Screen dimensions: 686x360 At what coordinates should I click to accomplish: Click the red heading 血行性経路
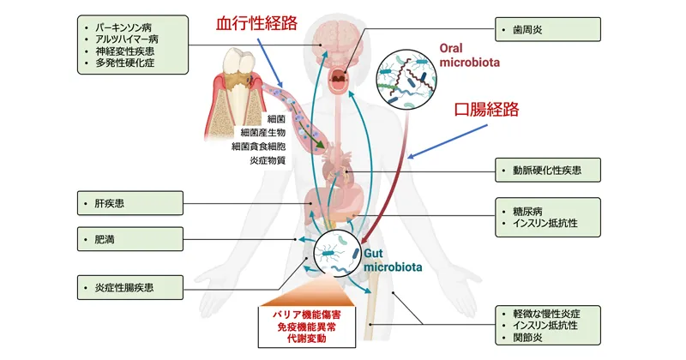point(256,23)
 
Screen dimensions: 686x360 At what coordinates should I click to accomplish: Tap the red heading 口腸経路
point(486,110)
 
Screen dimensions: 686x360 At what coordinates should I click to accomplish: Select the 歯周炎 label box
point(548,29)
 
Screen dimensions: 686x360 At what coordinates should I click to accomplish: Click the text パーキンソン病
point(123,27)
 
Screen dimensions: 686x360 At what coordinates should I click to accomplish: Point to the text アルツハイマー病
point(127,39)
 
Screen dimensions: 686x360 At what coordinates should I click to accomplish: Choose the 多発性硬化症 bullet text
point(125,63)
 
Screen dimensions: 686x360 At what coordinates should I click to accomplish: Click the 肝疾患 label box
point(130,203)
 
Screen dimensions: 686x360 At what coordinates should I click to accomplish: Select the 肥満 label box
point(130,239)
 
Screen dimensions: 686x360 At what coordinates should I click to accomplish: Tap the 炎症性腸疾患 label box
point(130,287)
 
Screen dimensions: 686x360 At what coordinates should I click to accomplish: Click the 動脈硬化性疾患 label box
point(548,171)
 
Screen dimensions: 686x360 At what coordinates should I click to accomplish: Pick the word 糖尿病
point(527,212)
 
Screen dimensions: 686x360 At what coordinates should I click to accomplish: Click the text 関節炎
point(527,338)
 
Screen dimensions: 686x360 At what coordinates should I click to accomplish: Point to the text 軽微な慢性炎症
point(546,314)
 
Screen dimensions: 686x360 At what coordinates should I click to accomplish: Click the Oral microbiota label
point(469,55)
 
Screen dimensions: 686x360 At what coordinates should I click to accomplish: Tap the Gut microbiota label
point(393,261)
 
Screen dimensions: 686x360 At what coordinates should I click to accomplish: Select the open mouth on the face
point(338,80)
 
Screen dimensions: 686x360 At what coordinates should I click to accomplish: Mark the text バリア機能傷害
point(307,315)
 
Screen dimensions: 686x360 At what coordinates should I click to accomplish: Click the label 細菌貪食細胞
point(259,147)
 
